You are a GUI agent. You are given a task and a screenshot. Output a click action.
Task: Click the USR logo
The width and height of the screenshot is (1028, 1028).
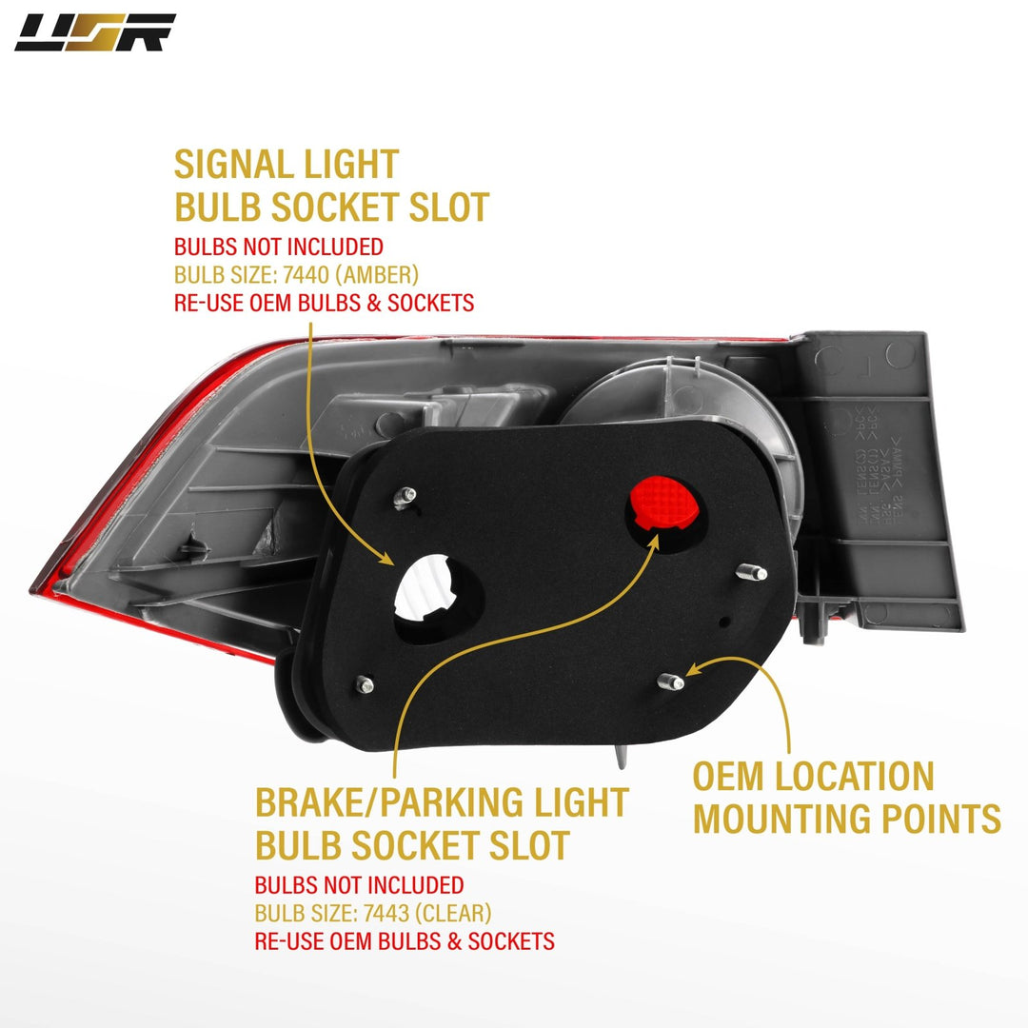95,32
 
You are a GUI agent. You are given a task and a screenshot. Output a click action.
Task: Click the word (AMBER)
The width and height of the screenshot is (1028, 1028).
379,276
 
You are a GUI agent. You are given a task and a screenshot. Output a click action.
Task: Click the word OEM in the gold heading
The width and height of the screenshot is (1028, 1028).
726,777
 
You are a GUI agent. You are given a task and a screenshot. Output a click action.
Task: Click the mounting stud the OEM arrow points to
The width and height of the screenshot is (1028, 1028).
670,681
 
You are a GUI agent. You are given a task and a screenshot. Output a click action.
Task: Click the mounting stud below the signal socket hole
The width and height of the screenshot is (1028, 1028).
364,682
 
